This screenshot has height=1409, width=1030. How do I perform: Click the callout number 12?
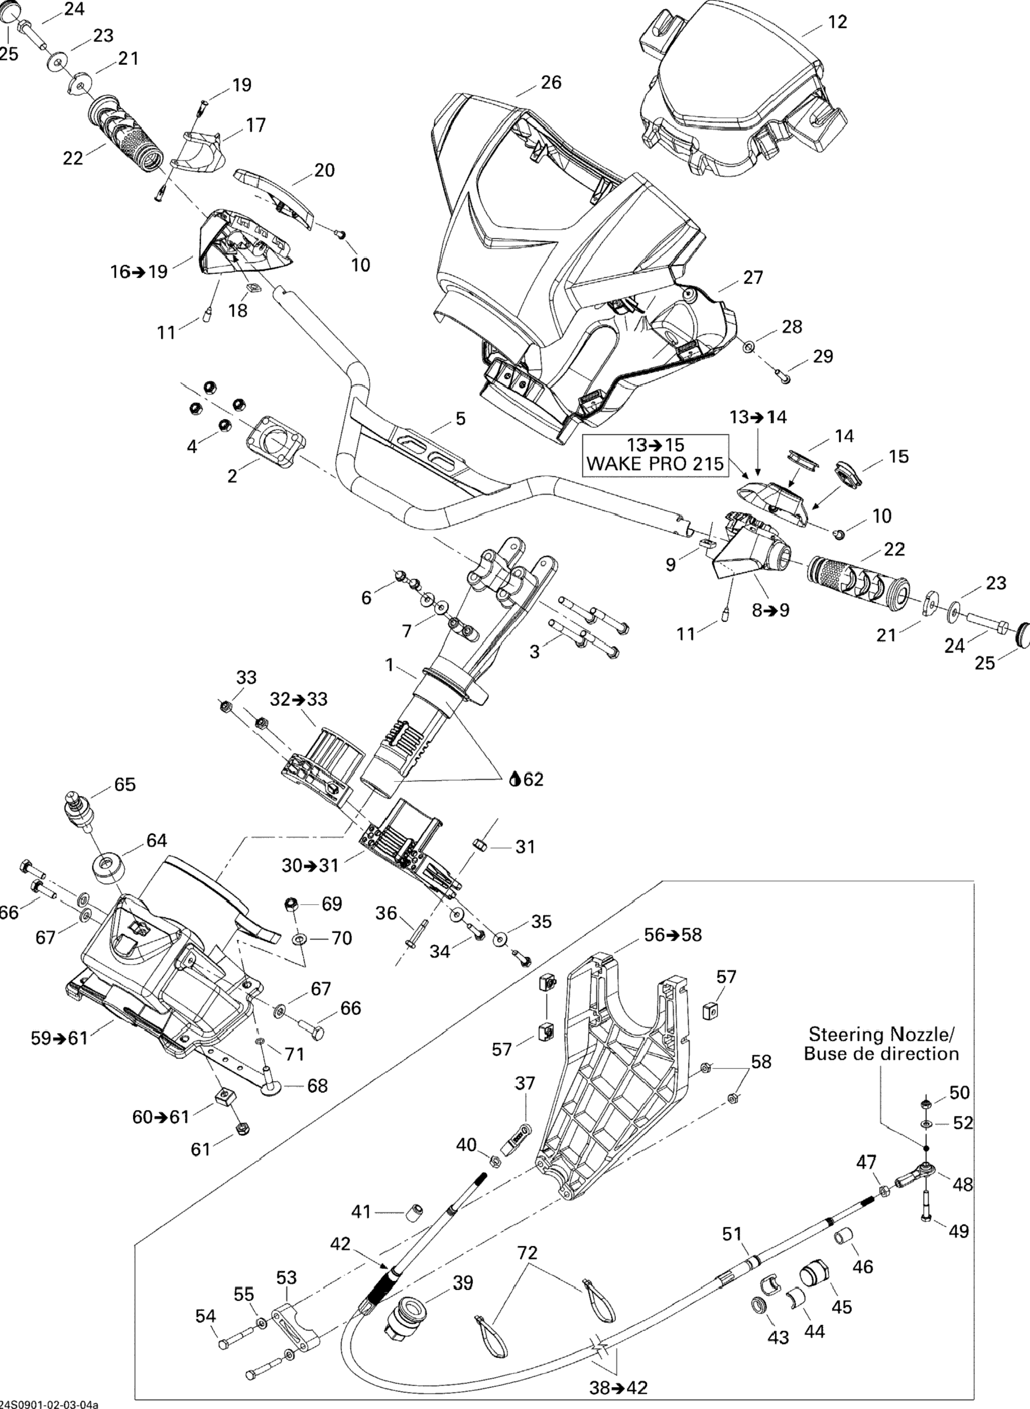(x=838, y=22)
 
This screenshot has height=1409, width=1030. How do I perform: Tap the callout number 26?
(x=551, y=82)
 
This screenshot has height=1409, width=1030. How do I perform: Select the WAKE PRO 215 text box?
(x=655, y=454)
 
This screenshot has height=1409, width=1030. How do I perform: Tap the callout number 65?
(x=125, y=784)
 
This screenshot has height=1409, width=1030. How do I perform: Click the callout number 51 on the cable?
(x=733, y=1233)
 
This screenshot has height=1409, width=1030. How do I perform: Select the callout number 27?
(x=753, y=277)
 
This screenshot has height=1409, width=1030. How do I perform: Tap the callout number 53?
(x=286, y=1278)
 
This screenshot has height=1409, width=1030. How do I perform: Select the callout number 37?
(x=525, y=1083)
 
